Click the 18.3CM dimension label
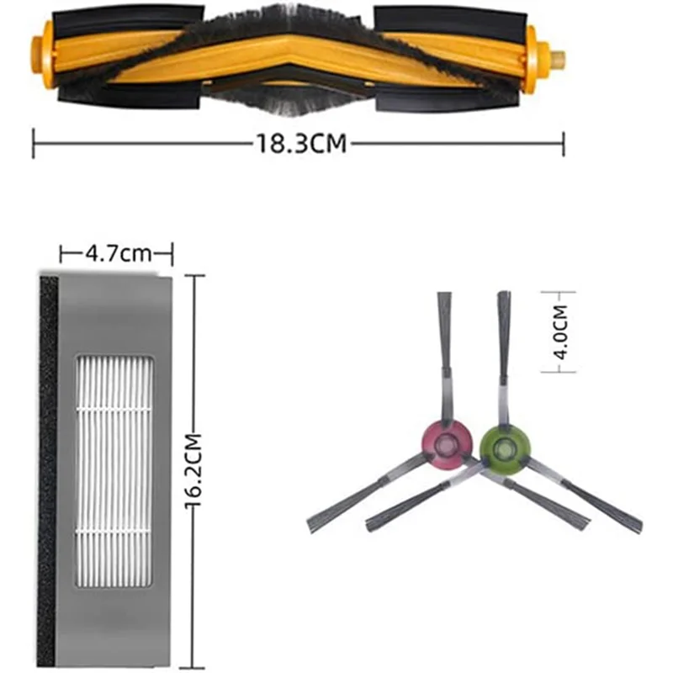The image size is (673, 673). (x=301, y=143)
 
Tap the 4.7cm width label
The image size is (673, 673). (x=118, y=252)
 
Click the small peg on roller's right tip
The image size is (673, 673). (x=557, y=61)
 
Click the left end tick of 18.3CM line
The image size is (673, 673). (x=34, y=143)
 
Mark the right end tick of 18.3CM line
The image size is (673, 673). (x=563, y=143)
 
